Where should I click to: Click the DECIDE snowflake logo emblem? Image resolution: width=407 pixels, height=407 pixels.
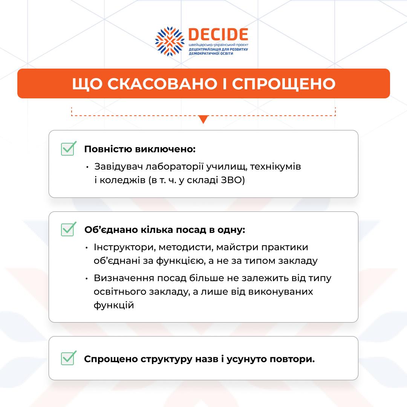tap(170, 41)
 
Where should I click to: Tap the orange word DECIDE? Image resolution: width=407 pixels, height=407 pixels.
tap(218, 35)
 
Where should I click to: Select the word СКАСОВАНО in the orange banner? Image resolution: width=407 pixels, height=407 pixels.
tap(162, 84)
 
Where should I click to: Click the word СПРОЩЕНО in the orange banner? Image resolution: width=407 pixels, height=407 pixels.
tap(283, 84)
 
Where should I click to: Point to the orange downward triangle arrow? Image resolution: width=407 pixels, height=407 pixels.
tap(203, 119)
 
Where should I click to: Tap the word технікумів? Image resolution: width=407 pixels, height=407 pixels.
tap(275, 167)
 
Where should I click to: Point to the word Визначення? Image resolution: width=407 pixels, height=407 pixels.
tap(124, 278)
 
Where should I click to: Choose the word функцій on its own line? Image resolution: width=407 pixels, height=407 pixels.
tap(114, 305)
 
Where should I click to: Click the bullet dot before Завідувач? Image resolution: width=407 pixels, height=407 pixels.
tap(87, 167)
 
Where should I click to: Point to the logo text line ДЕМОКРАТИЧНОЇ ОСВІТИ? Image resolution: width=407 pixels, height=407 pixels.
tap(211, 54)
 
